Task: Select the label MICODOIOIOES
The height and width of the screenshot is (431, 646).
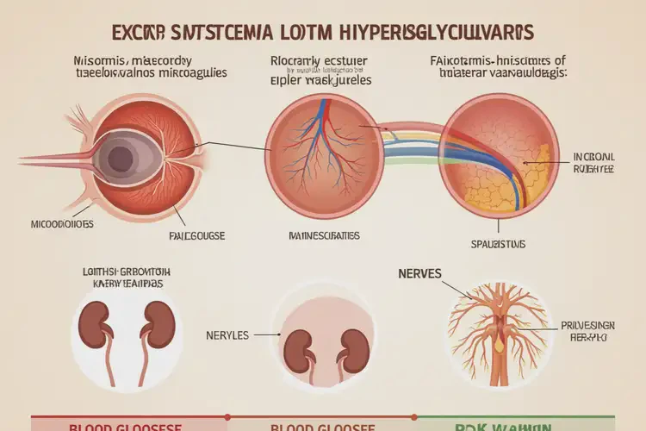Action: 56,223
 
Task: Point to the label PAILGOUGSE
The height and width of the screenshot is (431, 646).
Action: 190,234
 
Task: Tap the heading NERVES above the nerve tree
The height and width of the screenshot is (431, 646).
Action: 419,273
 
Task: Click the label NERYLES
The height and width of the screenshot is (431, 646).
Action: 227,334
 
